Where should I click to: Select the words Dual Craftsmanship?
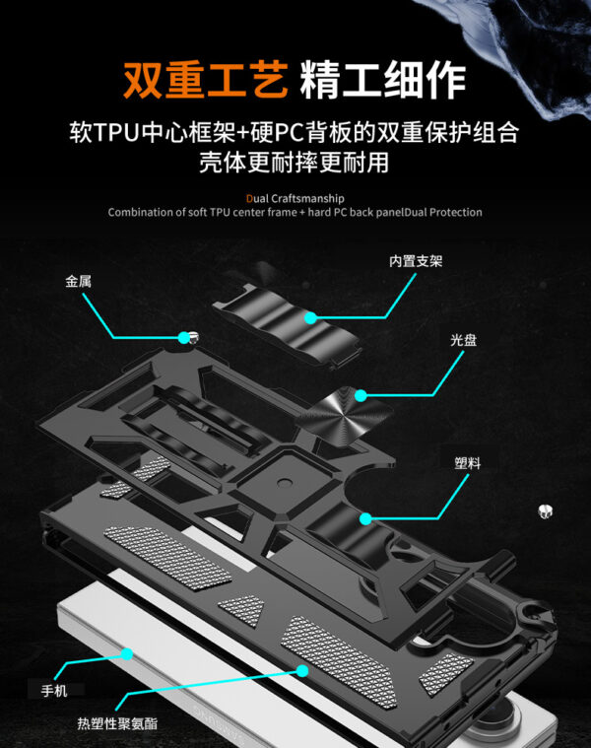295,196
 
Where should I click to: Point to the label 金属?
79,281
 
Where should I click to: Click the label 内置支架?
415,261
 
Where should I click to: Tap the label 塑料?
468,462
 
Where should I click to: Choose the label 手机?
54,690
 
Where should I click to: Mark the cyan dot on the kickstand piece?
309,317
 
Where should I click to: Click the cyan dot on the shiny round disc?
361,396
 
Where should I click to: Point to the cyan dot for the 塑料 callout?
364,517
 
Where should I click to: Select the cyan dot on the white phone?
128,651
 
